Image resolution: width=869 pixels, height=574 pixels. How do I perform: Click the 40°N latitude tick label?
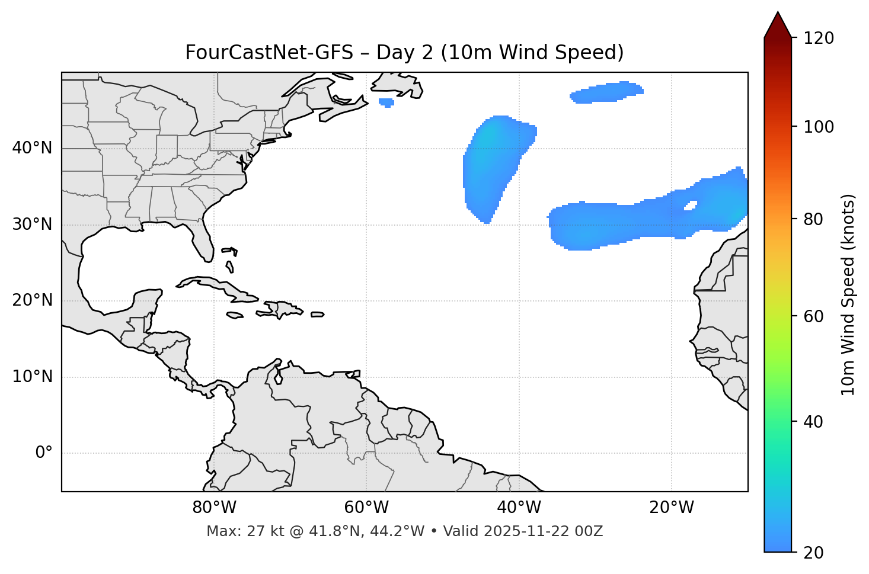(32, 148)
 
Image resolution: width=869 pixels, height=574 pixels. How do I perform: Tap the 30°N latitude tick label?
(32, 225)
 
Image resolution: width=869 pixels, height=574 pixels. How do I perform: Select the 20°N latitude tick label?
(32, 300)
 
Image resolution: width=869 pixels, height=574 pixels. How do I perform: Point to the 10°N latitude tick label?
(32, 377)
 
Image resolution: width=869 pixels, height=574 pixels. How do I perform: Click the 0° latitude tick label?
(44, 453)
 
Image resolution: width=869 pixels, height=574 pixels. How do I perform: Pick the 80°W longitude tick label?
(214, 508)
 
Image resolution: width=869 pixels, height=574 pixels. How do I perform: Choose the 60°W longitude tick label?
(366, 508)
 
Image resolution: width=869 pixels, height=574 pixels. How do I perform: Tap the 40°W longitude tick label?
(519, 508)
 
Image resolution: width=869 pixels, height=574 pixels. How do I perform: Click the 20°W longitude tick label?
(672, 508)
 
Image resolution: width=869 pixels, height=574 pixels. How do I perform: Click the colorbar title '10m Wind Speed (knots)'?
(848, 294)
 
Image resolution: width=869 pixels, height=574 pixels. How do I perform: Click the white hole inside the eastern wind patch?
(691, 206)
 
